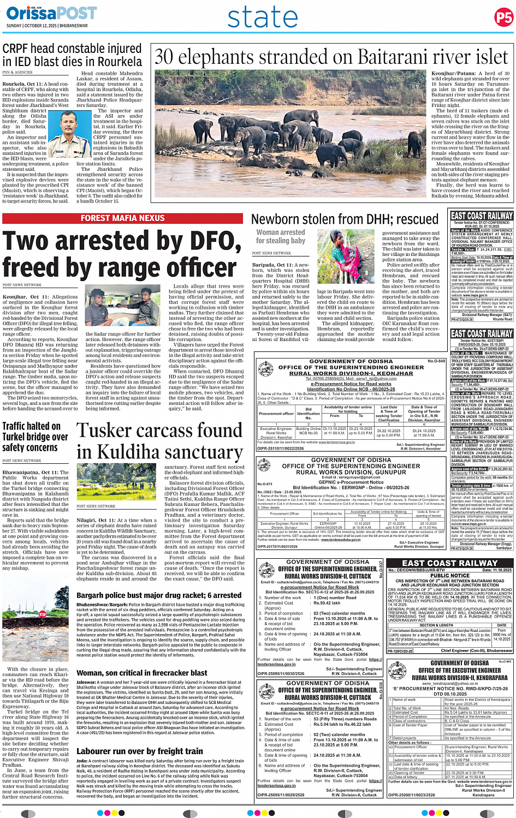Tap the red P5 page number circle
pyautogui.click(x=503, y=17)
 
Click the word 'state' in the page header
pyautogui.click(x=263, y=17)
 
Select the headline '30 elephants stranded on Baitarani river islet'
pyautogui.click(x=331, y=57)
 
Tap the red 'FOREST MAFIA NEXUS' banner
pyautogui.click(x=122, y=218)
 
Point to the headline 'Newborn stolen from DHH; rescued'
pyautogui.click(x=345, y=219)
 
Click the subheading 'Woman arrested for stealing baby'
pyautogui.click(x=280, y=236)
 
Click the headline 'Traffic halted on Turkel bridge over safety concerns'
pyautogui.click(x=35, y=437)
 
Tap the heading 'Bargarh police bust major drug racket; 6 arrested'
pyautogui.click(x=159, y=595)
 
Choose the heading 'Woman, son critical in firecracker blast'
pyautogui.click(x=134, y=673)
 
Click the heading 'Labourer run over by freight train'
pyautogui.click(x=140, y=751)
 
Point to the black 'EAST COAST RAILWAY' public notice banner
pyautogui.click(x=450, y=563)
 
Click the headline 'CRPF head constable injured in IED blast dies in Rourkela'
pyautogui.click(x=72, y=55)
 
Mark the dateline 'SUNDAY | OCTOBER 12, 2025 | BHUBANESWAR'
pyautogui.click(x=47, y=26)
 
